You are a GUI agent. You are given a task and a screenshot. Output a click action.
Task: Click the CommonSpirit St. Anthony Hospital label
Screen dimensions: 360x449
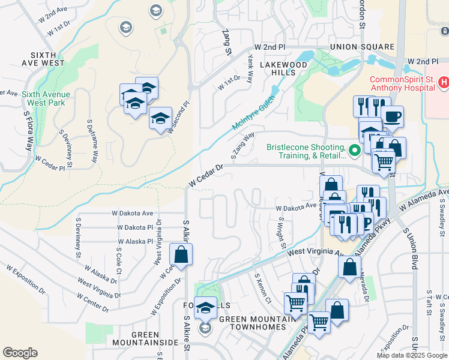[402, 83]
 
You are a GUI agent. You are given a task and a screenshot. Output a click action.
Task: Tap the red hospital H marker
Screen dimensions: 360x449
[444, 82]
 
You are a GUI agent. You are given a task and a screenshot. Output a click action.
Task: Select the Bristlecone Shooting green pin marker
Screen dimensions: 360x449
[355, 150]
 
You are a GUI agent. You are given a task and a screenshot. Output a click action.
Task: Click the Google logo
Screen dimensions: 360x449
[20, 353]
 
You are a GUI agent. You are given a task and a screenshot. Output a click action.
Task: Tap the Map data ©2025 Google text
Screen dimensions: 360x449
[411, 355]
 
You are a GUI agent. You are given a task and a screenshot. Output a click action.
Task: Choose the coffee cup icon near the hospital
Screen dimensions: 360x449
[392, 116]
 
